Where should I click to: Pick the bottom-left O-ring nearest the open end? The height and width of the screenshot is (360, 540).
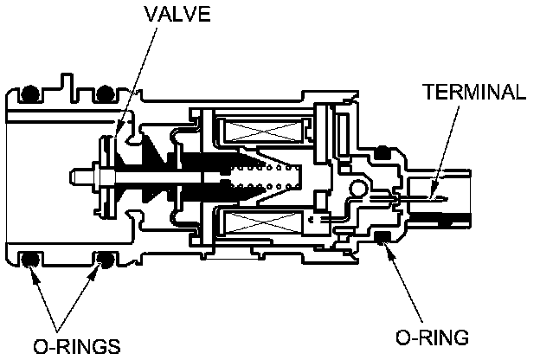click(31, 258)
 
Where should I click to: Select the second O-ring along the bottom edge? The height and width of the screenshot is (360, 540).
click(107, 258)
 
